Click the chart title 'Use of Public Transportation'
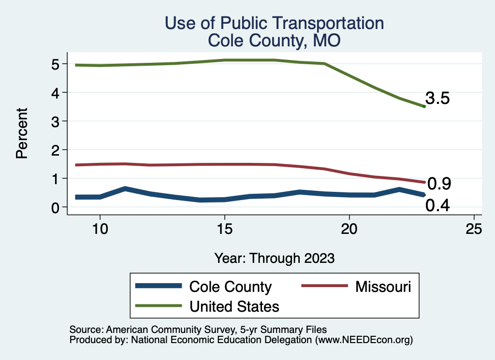tap(274, 23)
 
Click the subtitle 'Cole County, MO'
tap(274, 41)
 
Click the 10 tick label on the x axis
tap(100, 229)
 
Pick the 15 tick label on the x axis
tap(224, 229)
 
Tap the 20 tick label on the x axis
tap(349, 229)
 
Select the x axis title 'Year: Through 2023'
tap(274, 258)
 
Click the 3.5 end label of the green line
tap(438, 99)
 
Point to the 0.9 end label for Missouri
tap(439, 184)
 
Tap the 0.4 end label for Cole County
tap(438, 206)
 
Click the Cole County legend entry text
tap(231, 287)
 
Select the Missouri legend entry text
tap(383, 287)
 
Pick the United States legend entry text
tap(234, 306)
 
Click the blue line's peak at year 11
tap(125, 188)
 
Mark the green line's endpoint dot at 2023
tap(424, 106)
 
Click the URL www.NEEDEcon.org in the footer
tap(363, 340)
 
